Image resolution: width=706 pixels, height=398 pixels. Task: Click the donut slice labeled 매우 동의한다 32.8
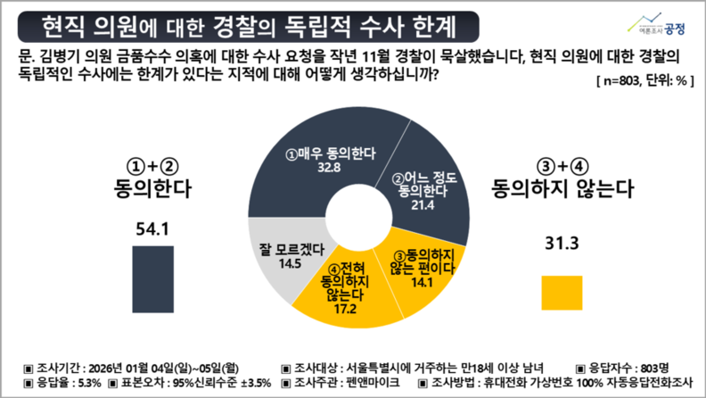312,156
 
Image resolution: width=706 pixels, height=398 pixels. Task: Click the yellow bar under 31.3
559,293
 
